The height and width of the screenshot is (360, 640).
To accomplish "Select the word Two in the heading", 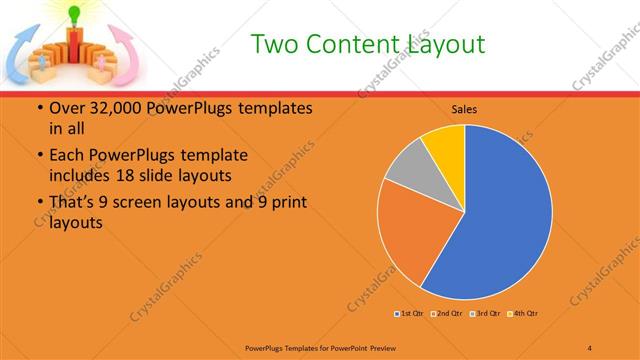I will tap(274, 44).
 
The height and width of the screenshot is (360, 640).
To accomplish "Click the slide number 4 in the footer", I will tap(590, 348).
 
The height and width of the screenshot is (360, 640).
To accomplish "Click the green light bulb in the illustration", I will tap(72, 13).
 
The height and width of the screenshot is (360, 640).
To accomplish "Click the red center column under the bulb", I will tap(72, 46).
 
